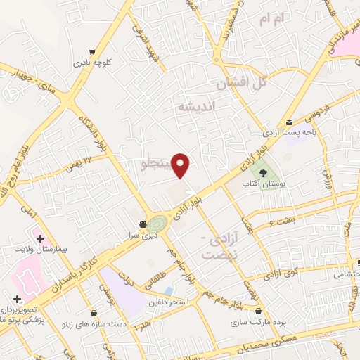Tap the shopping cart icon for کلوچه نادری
93,51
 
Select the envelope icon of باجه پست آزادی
289,122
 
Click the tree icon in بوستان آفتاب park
264,173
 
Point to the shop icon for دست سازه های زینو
94,314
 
